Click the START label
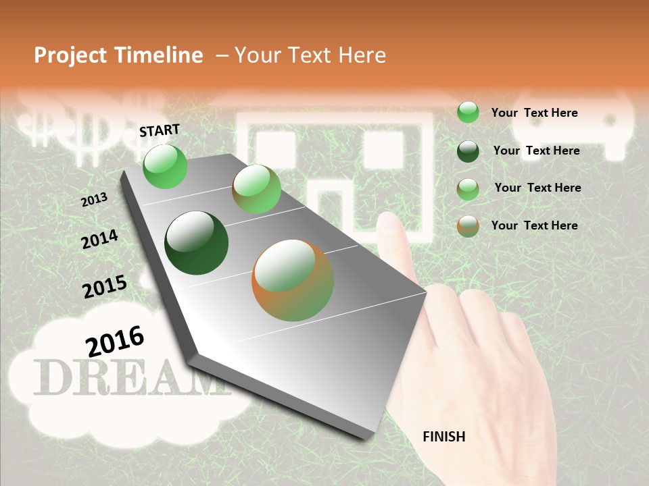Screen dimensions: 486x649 point(160,130)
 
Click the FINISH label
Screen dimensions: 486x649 point(444,437)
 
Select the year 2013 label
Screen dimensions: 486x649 point(95,200)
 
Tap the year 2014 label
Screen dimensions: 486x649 point(99,239)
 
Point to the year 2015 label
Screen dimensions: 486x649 point(105,286)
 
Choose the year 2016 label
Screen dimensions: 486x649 point(115,341)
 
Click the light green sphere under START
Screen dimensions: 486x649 point(165,166)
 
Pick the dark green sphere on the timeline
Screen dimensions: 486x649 point(196,242)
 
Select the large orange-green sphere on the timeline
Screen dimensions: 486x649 point(293,280)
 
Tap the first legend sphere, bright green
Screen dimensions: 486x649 point(468,112)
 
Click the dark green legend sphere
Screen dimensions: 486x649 point(468,151)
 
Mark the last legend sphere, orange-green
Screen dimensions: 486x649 point(468,225)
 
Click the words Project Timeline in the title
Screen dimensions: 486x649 point(118,55)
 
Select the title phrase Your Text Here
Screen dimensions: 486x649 point(310,55)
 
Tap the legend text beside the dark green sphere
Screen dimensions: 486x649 point(537,151)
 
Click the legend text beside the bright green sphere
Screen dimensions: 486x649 point(535,113)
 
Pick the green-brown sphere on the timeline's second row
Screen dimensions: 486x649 point(256,189)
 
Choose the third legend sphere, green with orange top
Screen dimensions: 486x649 point(468,188)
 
